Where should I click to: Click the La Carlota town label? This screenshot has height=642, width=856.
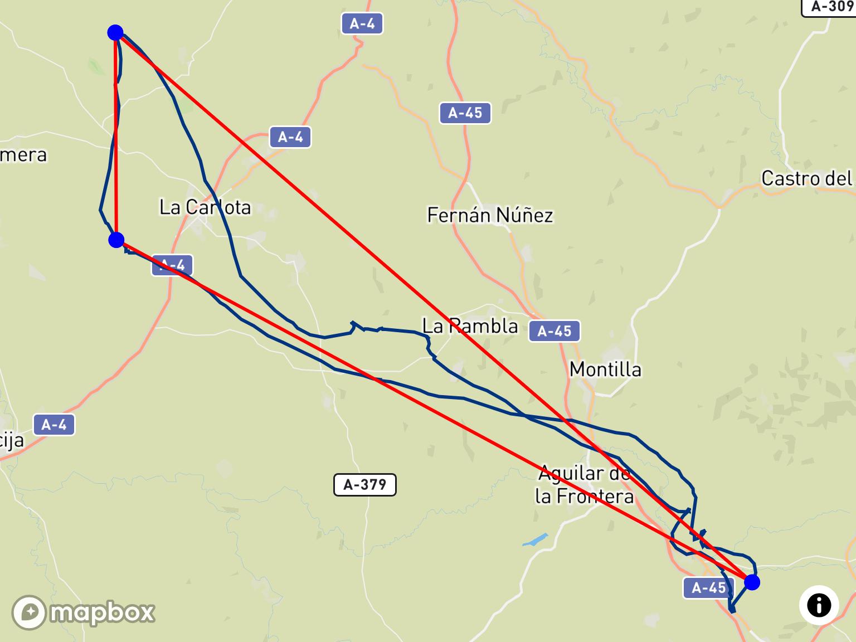point(205,207)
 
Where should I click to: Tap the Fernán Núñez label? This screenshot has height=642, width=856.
point(490,215)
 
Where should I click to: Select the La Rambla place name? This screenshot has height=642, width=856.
point(470,326)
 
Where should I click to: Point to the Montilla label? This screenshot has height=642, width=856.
point(605,369)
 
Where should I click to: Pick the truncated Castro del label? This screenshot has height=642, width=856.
point(807,179)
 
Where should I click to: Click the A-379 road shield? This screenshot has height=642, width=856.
point(364,485)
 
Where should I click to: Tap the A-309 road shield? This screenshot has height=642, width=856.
point(829,7)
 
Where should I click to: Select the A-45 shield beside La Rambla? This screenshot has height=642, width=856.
point(555,332)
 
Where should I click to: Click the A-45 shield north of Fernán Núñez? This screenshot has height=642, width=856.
point(465,113)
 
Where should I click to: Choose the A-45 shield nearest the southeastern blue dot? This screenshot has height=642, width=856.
point(709,587)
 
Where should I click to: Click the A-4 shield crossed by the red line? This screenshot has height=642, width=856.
point(172,265)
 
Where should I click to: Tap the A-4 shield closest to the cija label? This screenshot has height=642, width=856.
point(53,425)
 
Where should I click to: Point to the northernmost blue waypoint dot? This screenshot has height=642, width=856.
point(115,32)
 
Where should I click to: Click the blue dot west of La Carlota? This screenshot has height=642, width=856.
point(116,240)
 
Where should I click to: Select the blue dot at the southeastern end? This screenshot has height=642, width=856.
point(752,582)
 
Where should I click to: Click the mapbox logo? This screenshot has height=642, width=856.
point(84,612)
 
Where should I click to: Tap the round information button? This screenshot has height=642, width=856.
point(819,605)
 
